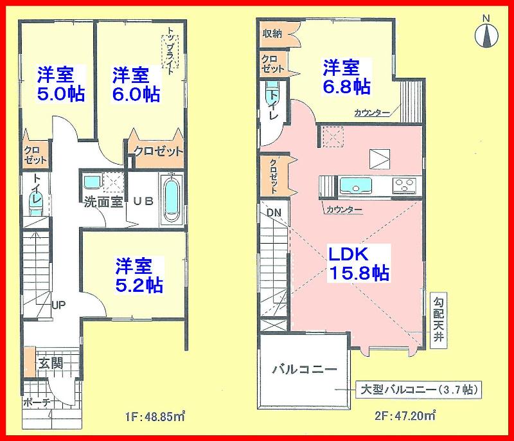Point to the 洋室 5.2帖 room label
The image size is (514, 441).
[x=139, y=274]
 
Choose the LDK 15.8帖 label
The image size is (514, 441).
[x=359, y=262]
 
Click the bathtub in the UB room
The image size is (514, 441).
[x=171, y=200]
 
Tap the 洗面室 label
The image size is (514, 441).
[x=103, y=201]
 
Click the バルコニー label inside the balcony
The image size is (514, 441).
[x=305, y=370]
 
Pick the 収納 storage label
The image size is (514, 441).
[x=271, y=33]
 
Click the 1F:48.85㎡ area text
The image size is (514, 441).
[x=155, y=415]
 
